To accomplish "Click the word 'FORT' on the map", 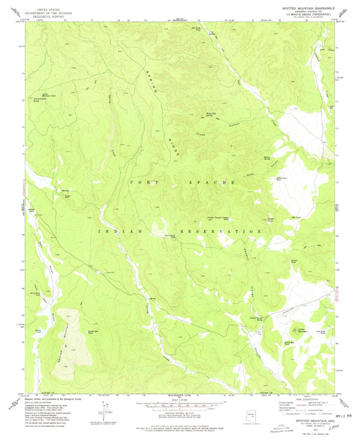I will pyautogui.click(x=140, y=182).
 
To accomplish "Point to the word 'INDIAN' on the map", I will pyautogui.click(x=121, y=231).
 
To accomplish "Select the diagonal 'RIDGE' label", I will pyautogui.click(x=174, y=144).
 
